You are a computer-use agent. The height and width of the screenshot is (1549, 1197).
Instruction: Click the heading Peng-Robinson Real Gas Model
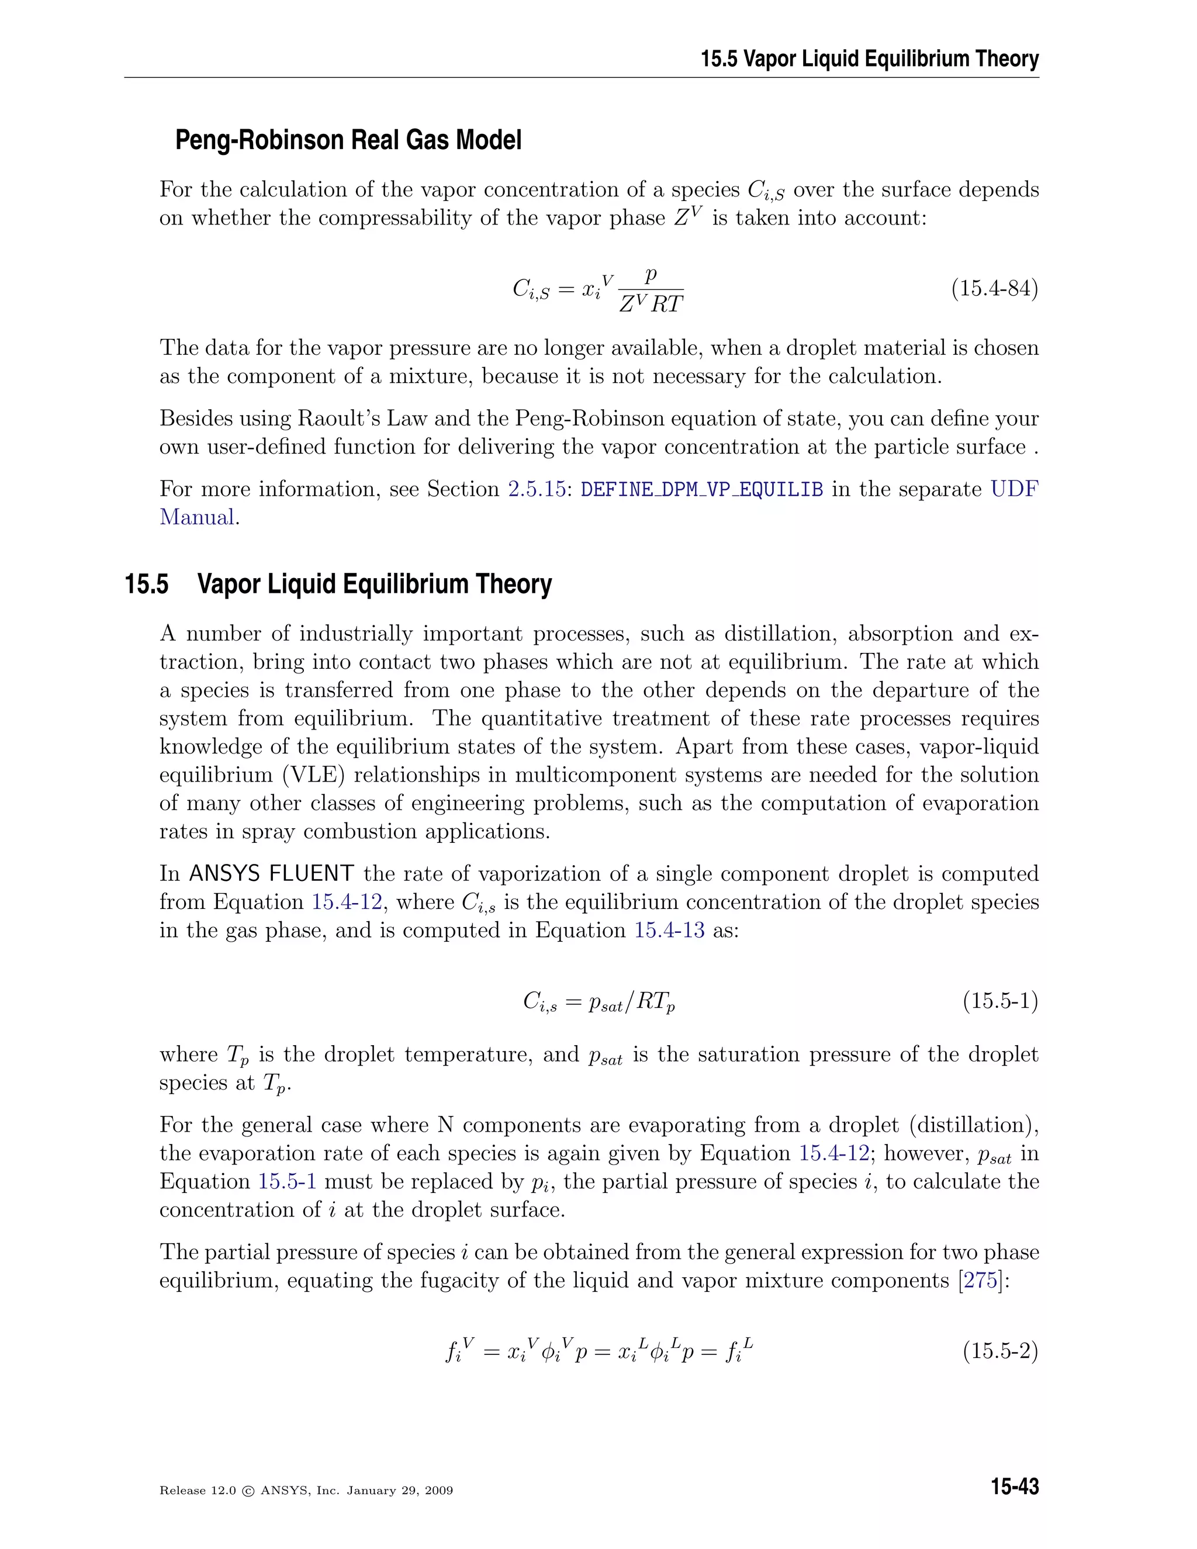pyautogui.click(x=348, y=140)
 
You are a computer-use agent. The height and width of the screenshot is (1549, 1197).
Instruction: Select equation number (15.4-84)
pyautogui.click(x=994, y=289)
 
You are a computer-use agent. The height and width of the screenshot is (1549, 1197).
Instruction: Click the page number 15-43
pyautogui.click(x=1015, y=1486)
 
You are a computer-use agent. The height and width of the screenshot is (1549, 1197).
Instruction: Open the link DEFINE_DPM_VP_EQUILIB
pyautogui.click(x=701, y=489)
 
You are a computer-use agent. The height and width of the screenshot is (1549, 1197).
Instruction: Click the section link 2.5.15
pyautogui.click(x=536, y=489)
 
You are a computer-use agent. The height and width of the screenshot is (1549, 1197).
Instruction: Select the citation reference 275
pyautogui.click(x=981, y=1280)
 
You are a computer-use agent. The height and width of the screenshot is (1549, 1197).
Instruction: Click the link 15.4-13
pyautogui.click(x=669, y=930)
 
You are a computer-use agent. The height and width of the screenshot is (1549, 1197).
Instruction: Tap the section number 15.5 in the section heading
pyautogui.click(x=147, y=585)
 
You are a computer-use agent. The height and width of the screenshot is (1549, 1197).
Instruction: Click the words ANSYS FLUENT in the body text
pyautogui.click(x=272, y=873)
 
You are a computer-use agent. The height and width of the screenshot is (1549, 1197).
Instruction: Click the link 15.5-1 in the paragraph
pyautogui.click(x=286, y=1181)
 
